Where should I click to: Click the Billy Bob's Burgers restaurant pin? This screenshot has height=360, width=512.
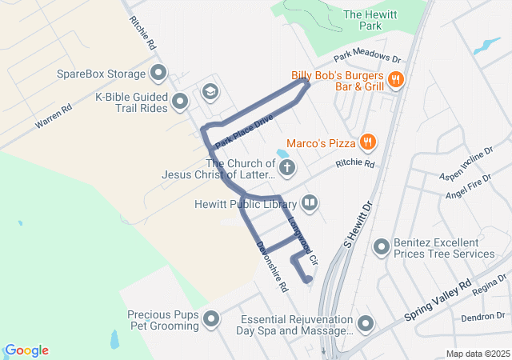395,79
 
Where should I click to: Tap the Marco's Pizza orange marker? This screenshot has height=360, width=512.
367,142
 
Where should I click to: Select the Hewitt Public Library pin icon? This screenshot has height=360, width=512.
310,204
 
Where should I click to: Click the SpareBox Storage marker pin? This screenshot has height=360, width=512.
158,74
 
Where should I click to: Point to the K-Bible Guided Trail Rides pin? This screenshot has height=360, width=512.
180,102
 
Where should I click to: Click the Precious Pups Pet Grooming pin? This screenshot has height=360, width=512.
212,319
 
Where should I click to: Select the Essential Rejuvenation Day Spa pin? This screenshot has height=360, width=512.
366,324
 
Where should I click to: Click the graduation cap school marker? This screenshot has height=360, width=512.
210,90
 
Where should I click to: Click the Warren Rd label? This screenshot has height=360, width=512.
53,115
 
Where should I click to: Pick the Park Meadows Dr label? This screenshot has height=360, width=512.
366,57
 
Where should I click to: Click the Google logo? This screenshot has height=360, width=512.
26,350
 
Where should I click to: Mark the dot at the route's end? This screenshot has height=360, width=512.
309,279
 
